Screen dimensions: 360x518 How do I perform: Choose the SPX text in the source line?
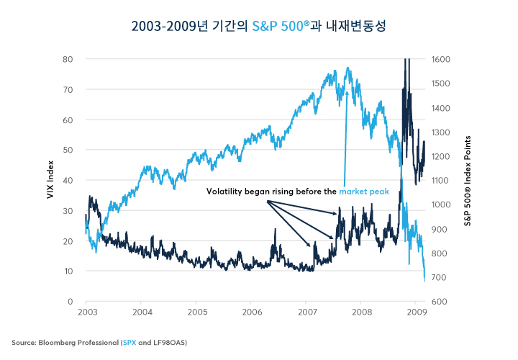129,342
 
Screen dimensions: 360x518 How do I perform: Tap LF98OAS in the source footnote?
167,342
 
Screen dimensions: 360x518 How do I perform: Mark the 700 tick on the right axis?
439,277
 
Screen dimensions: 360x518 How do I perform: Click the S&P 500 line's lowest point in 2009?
424,280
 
